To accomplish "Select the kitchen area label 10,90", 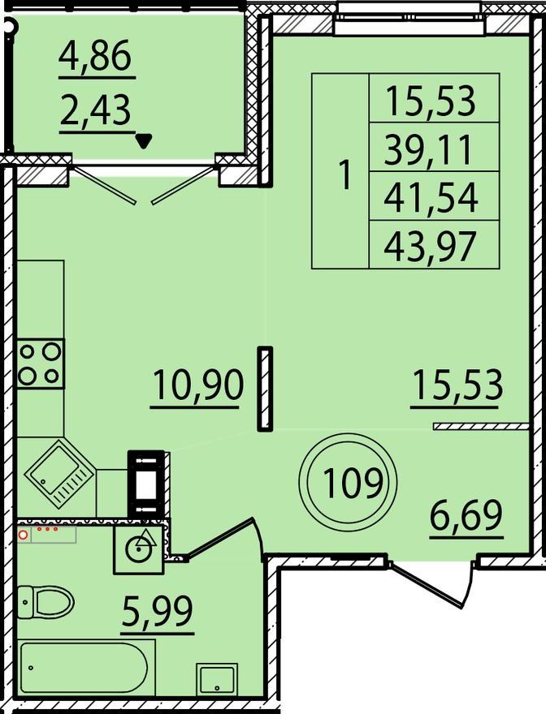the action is click(198, 385).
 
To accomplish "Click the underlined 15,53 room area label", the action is click(457, 385).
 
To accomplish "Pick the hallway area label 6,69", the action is click(466, 515).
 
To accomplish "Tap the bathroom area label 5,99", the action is click(158, 611).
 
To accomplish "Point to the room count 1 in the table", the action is click(346, 176).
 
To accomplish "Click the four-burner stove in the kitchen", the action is click(40, 363).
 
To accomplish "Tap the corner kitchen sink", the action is click(59, 474).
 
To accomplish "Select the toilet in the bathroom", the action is click(45, 601).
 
